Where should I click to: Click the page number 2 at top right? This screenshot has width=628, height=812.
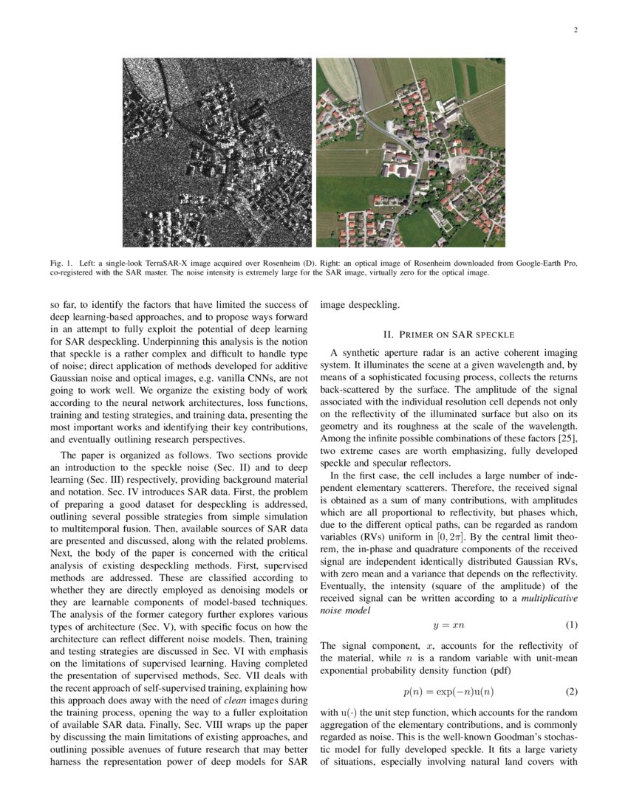pyautogui.click(x=575, y=30)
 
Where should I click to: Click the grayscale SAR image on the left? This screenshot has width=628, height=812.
pyautogui.click(x=217, y=152)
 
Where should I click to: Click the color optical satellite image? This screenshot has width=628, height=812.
pyautogui.click(x=411, y=152)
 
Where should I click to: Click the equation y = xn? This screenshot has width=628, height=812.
pyautogui.click(x=448, y=625)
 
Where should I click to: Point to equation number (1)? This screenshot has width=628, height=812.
pyautogui.click(x=571, y=625)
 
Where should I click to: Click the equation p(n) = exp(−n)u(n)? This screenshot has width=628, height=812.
pyautogui.click(x=448, y=692)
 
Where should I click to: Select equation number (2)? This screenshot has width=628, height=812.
pyautogui.click(x=571, y=692)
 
